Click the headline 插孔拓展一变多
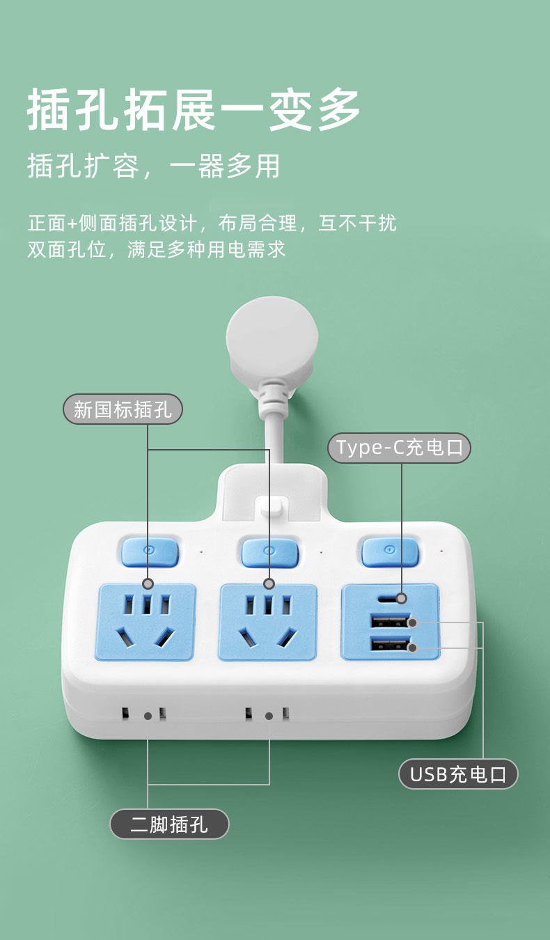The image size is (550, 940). (x=194, y=110)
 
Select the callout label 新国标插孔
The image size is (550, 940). (x=123, y=409)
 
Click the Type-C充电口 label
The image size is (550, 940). (x=400, y=447)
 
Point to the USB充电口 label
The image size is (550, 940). (x=458, y=774)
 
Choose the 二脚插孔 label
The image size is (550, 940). (x=169, y=825)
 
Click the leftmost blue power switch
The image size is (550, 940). (x=150, y=551)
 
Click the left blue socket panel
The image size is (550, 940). (x=146, y=622)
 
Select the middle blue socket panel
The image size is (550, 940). (x=268, y=622)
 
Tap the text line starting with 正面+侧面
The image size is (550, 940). (x=212, y=224)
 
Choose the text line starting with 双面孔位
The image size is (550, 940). (x=157, y=250)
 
